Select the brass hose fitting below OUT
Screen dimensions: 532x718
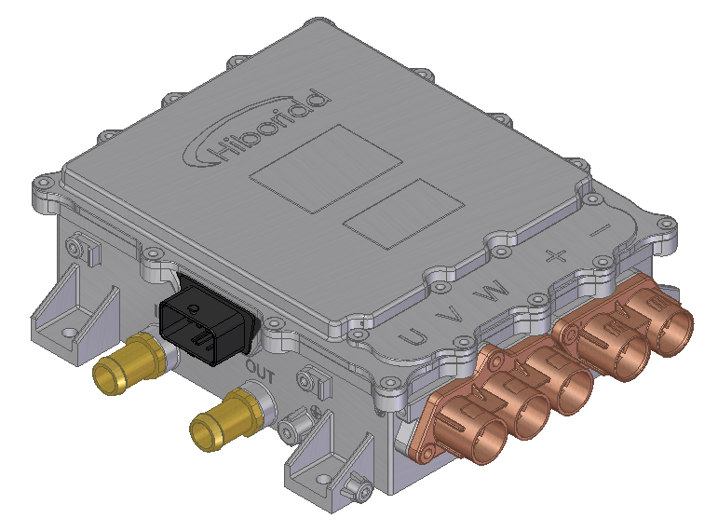coord(224,419)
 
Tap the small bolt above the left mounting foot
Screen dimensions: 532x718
coord(78,247)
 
